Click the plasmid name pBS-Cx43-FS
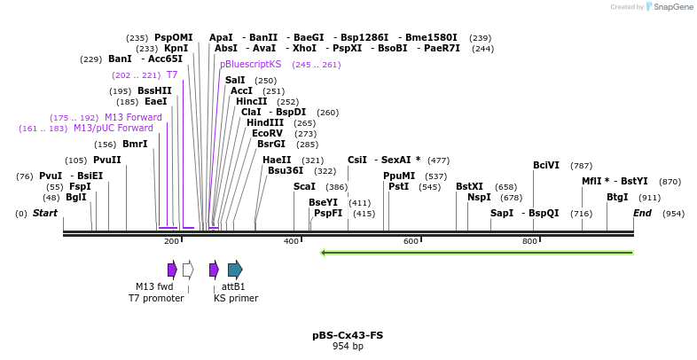click(348, 335)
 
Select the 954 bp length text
click(348, 346)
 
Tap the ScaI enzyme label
click(304, 187)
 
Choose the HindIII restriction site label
click(265, 122)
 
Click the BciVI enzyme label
click(546, 165)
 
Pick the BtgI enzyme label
click(617, 197)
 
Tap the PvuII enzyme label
click(107, 160)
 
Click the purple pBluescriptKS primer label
click(251, 64)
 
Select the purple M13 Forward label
click(133, 117)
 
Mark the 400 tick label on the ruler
click(291, 241)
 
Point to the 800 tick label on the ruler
click(529, 241)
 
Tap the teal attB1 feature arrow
click(235, 270)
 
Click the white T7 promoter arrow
click(188, 270)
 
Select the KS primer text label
click(236, 298)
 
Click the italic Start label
click(45, 213)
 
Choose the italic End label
click(642, 213)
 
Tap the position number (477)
click(438, 160)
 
